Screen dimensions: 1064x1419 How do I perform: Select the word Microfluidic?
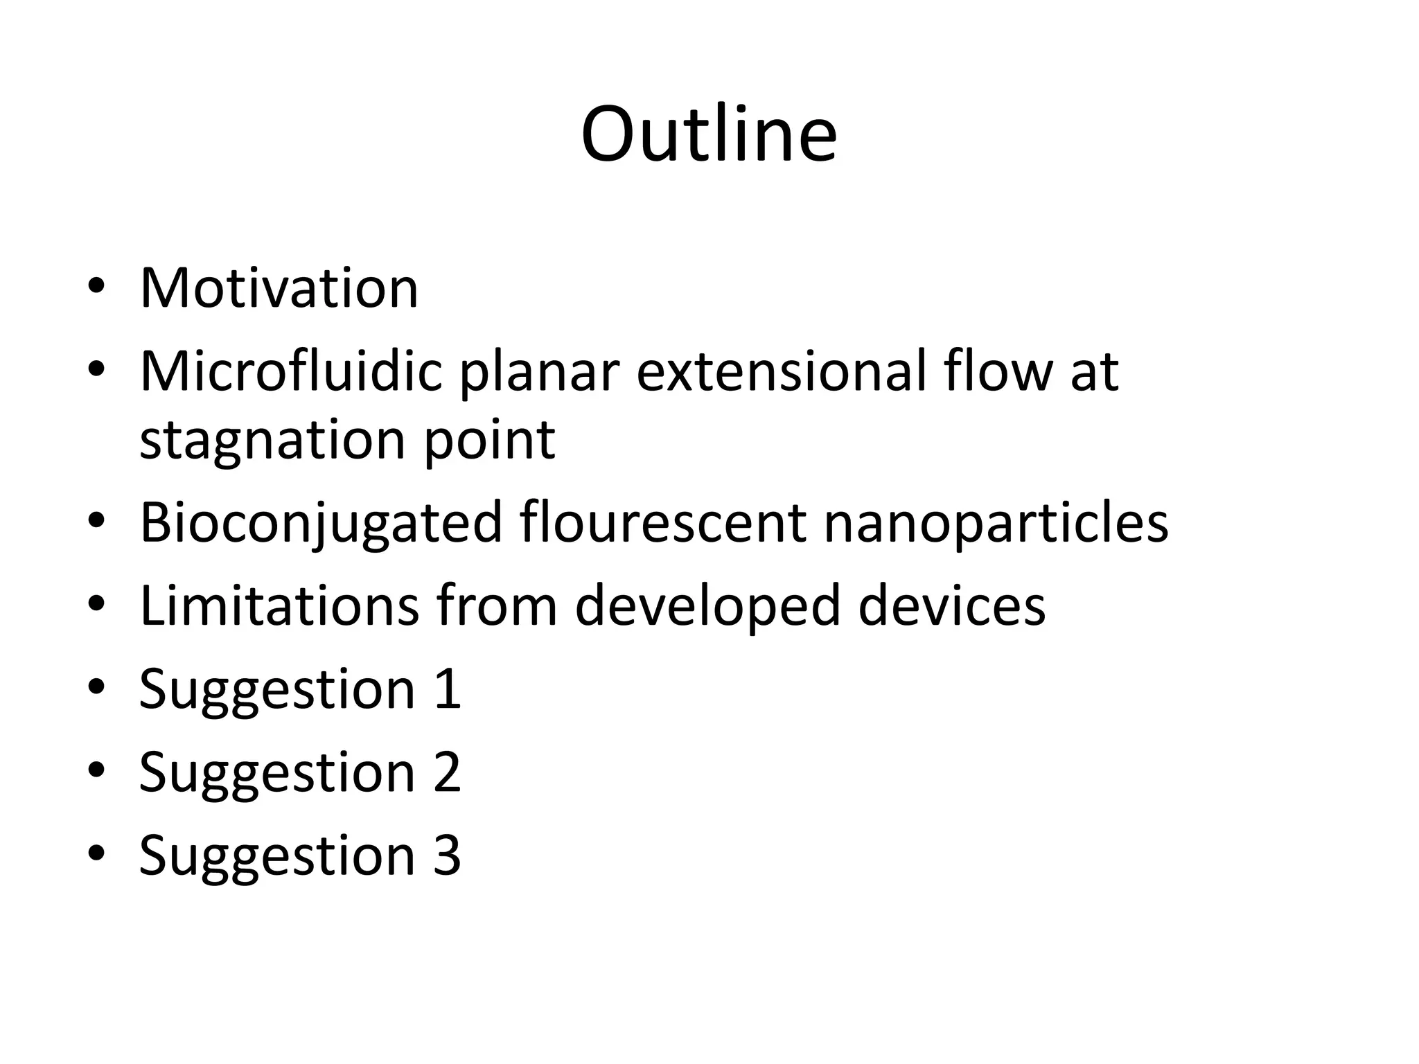(290, 371)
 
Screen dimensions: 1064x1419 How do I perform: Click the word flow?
(997, 371)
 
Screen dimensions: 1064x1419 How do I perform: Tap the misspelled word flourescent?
(662, 523)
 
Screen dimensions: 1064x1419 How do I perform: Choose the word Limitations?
(279, 606)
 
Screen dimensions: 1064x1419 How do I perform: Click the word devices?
(951, 606)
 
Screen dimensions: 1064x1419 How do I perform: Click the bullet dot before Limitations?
(96, 605)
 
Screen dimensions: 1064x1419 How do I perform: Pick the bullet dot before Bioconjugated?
(96, 522)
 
